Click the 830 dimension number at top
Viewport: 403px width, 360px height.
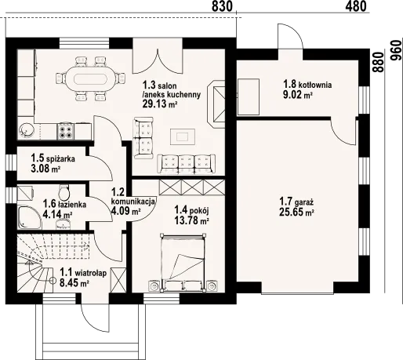[x=222, y=6]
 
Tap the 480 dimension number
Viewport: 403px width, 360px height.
[x=356, y=6]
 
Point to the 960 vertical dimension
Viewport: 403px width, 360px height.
[x=396, y=50]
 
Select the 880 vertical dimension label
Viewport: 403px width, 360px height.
[x=378, y=62]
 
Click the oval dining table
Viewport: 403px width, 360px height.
[x=90, y=78]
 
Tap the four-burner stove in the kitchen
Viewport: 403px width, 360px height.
[x=66, y=131]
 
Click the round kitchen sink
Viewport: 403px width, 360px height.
[x=26, y=130]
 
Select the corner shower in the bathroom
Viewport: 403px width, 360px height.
[x=30, y=218]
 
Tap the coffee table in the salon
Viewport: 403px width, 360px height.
[x=183, y=136]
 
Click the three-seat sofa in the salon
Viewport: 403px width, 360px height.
[x=186, y=164]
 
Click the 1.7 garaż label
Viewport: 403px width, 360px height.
[x=296, y=202]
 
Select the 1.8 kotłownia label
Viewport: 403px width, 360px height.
[x=307, y=84]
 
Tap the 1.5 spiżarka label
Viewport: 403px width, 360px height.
[x=53, y=158]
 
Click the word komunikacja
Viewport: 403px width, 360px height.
[x=133, y=202]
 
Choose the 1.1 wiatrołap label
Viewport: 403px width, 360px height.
[x=83, y=273]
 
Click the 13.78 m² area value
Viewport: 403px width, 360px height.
[x=191, y=220]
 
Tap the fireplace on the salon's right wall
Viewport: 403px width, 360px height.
[x=216, y=104]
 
